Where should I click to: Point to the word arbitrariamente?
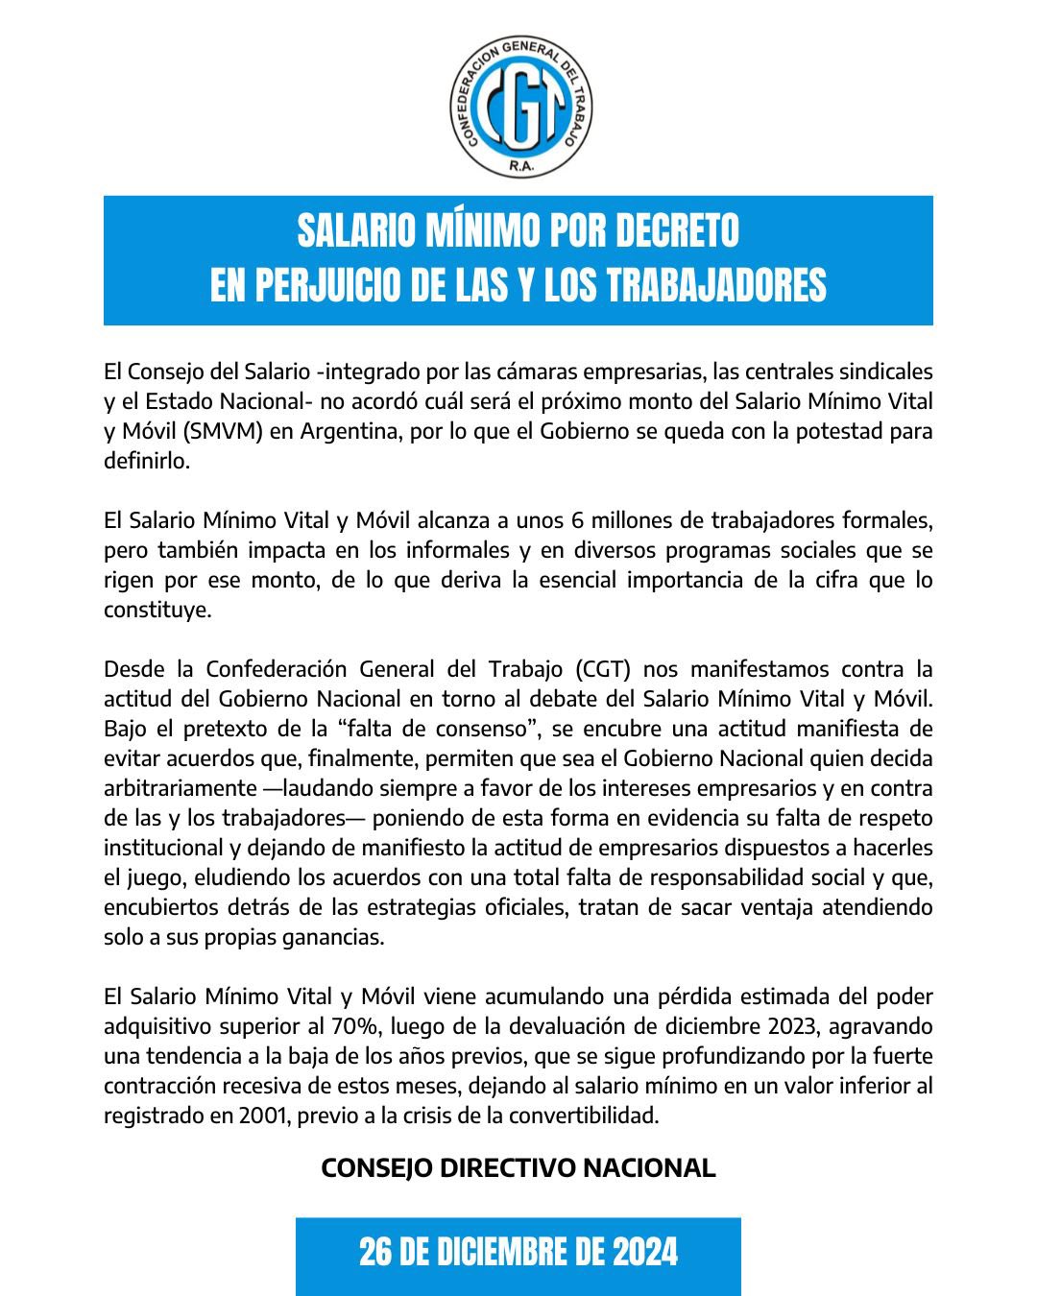coord(176,788)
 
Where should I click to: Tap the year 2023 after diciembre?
coord(793,1026)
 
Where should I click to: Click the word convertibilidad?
coord(572,1116)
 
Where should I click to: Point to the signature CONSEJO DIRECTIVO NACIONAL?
coord(518,1167)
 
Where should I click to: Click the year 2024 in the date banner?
coord(645,1253)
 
